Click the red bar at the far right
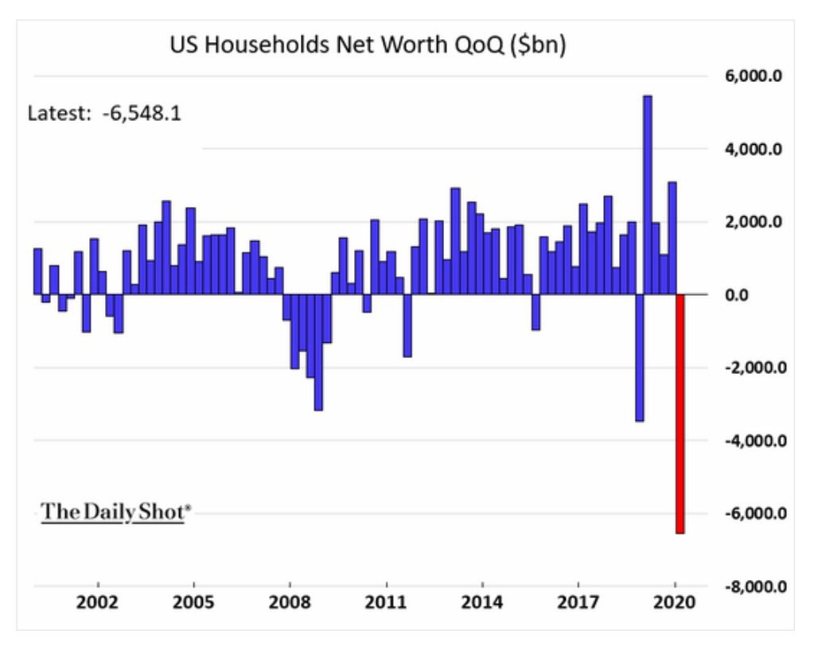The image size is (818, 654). (x=680, y=414)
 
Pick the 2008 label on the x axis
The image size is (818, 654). (x=290, y=602)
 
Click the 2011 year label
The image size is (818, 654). (x=386, y=602)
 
